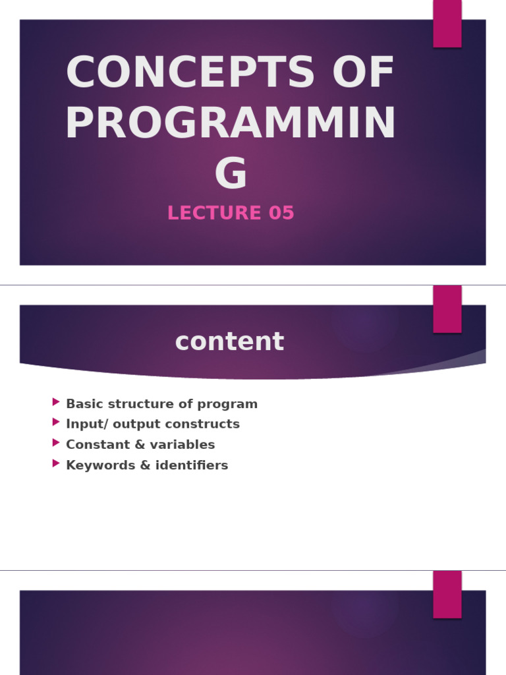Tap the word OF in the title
click(x=364, y=73)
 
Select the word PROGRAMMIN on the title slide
click(x=231, y=124)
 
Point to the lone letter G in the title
click(x=231, y=174)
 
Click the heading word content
click(x=229, y=342)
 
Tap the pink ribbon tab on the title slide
click(x=447, y=23)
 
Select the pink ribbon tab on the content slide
click(x=447, y=309)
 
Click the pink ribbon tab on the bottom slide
click(x=447, y=594)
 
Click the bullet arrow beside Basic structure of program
click(x=56, y=401)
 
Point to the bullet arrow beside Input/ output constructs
click(x=56, y=422)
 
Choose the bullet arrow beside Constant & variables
click(x=56, y=442)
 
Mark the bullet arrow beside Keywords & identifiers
click(x=56, y=463)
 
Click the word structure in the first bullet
click(x=138, y=404)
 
